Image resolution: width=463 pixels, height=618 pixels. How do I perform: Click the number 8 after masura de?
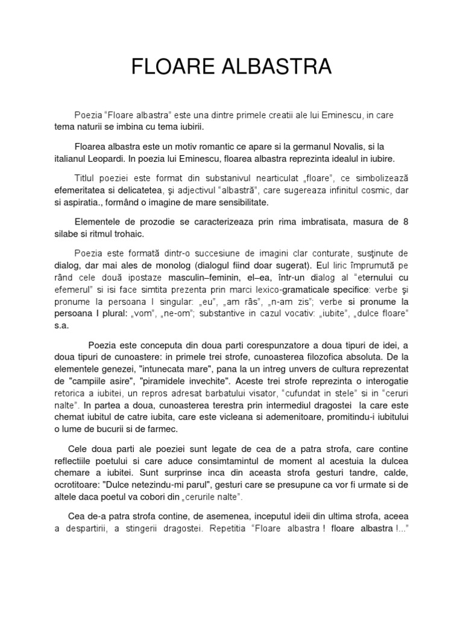tap(406, 221)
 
